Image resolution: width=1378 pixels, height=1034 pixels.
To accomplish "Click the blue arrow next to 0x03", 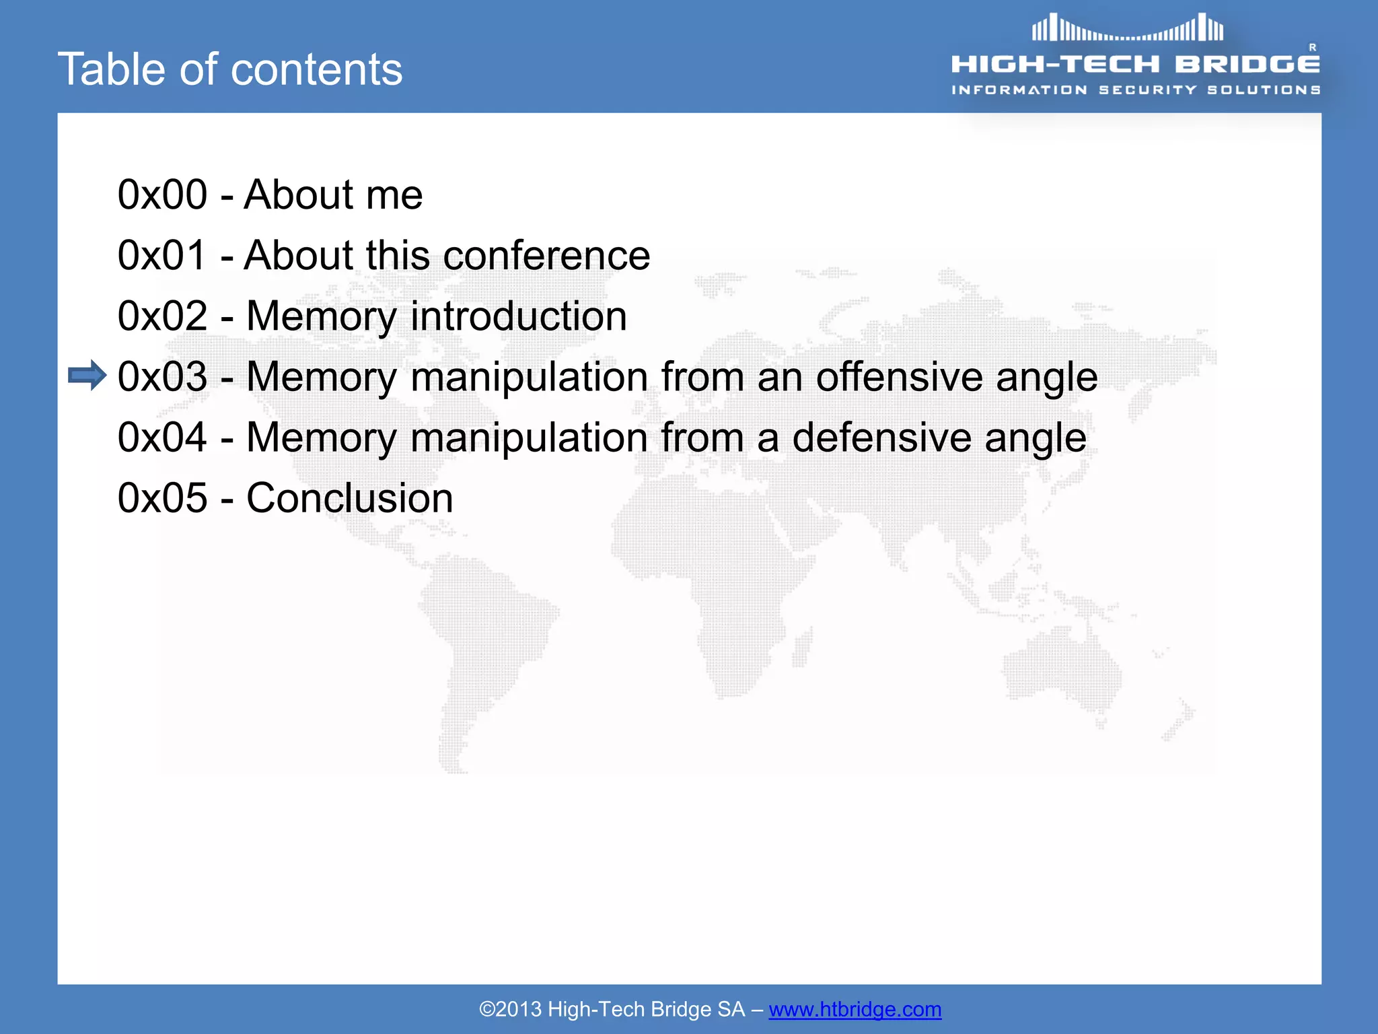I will point(87,376).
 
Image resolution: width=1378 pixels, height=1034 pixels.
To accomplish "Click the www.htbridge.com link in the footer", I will point(855,1009).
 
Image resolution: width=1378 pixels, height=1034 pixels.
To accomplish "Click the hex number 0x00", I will point(162,195).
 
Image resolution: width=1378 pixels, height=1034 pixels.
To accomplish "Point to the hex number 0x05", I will point(162,499).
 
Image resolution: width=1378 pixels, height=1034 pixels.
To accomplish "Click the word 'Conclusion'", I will point(350,499).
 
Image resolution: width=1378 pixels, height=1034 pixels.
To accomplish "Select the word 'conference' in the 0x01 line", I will point(546,256).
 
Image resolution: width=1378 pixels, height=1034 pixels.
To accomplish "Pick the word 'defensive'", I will point(881,438).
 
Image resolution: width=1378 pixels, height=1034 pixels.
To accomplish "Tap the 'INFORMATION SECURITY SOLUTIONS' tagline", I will point(1136,90).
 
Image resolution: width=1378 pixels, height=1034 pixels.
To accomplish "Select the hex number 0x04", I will point(162,438).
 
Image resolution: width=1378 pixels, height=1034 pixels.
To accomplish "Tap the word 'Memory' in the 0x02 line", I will point(322,317).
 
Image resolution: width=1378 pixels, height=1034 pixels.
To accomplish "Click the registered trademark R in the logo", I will point(1312,48).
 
